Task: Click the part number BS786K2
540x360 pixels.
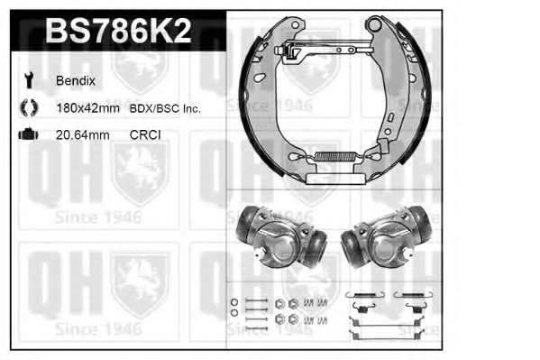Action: click(x=117, y=33)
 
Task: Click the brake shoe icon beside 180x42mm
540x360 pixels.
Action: click(x=28, y=108)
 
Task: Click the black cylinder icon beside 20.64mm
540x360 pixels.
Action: click(x=28, y=135)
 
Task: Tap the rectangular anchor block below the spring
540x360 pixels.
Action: click(x=334, y=179)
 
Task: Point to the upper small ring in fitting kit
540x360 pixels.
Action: click(x=233, y=301)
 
